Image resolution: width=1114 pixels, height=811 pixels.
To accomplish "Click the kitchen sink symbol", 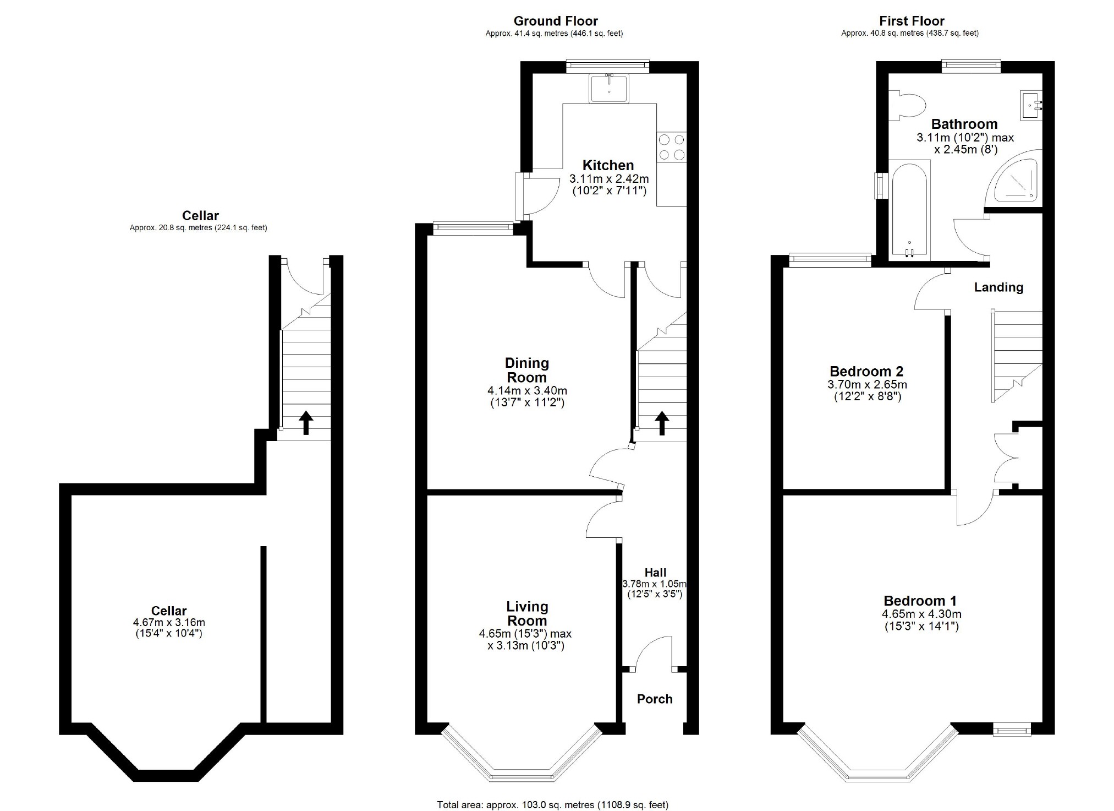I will (x=609, y=88).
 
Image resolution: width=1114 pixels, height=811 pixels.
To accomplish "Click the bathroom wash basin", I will (x=1031, y=105).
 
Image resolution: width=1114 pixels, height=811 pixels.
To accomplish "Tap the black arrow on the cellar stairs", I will (x=306, y=422).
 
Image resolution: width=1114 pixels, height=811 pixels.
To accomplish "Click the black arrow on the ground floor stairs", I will (x=662, y=423).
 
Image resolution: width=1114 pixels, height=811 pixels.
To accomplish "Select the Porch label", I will (x=655, y=699).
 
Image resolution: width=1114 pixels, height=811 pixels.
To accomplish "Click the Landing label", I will (x=998, y=287).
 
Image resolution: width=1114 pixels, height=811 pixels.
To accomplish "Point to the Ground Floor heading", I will (x=555, y=21).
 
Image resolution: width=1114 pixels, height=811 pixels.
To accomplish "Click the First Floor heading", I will (x=911, y=21).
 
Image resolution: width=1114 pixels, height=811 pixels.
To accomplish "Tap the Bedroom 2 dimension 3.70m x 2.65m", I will (x=867, y=384).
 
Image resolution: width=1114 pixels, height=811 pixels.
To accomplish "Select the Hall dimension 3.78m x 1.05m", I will (x=654, y=584).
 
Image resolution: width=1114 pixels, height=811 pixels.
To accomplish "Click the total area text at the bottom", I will (x=552, y=804).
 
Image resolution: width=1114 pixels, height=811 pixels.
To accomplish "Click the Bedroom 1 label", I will (x=920, y=601).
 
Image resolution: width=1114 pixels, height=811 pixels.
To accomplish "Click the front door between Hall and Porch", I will (x=652, y=655).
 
